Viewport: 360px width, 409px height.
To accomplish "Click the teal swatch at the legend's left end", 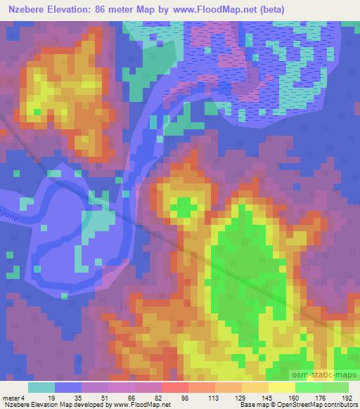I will pyautogui.click(x=41, y=387).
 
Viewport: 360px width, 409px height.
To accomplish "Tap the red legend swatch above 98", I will pyautogui.click(x=174, y=387).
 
